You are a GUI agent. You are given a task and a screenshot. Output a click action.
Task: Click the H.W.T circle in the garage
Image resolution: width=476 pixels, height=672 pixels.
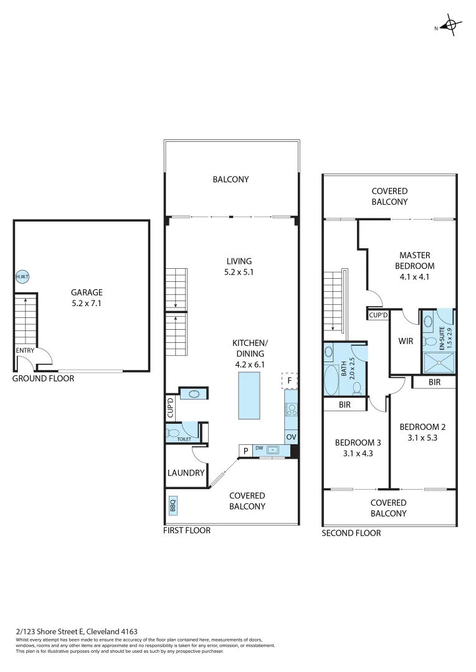(22, 276)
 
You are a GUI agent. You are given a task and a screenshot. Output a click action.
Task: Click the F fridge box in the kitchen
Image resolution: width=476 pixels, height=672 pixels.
(290, 380)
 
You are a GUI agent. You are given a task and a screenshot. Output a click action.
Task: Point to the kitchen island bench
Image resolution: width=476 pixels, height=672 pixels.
(249, 395)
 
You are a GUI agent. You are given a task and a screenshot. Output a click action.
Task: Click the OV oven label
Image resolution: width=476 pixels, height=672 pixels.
(291, 437)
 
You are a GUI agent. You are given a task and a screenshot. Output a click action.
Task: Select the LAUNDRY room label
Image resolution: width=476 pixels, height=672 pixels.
(186, 473)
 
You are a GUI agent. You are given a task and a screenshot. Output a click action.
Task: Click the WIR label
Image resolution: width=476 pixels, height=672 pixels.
(406, 342)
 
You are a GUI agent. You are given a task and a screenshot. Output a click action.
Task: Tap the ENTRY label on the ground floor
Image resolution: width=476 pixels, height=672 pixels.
(26, 350)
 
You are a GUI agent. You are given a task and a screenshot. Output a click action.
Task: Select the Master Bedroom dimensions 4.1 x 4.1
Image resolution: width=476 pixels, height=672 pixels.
(415, 277)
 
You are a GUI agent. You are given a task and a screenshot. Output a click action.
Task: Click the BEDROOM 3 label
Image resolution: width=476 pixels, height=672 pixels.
(358, 442)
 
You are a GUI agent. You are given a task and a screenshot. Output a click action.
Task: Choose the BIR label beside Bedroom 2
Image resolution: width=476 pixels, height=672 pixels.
(434, 383)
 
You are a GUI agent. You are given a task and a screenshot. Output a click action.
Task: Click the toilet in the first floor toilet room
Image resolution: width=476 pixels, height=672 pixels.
(174, 431)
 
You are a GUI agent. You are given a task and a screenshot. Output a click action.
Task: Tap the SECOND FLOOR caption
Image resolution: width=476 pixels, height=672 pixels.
(351, 533)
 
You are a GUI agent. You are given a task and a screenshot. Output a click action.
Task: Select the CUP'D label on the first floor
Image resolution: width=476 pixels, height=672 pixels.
(170, 408)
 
